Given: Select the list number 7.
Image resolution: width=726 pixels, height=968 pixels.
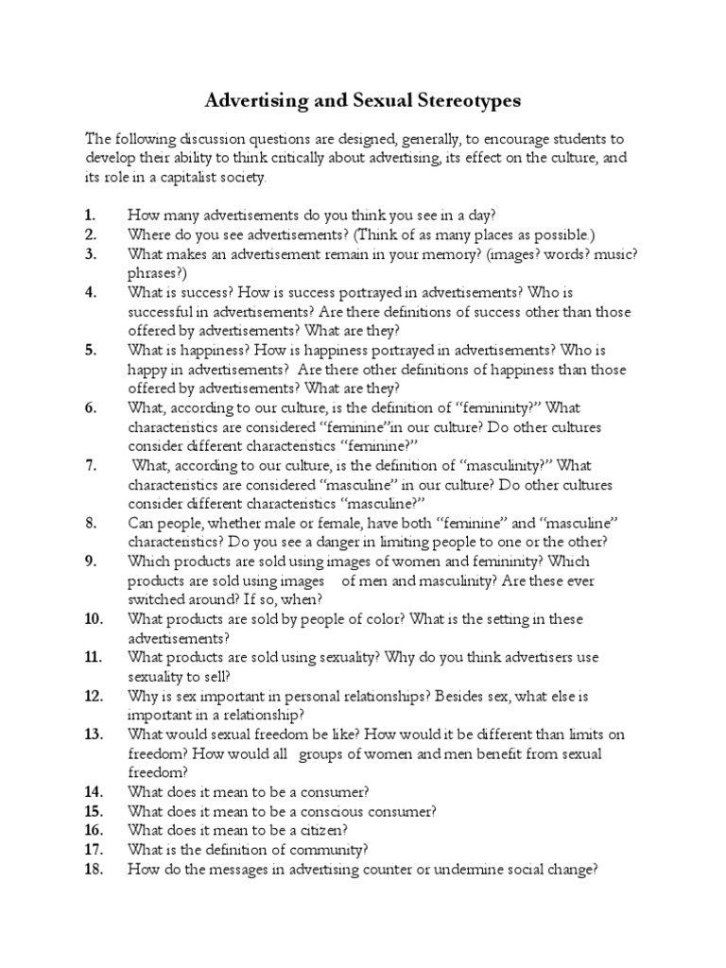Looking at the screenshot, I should click(91, 465).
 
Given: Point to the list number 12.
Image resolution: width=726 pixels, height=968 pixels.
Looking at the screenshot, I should click(93, 696).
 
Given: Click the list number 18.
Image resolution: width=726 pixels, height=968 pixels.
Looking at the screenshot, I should click(93, 869).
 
